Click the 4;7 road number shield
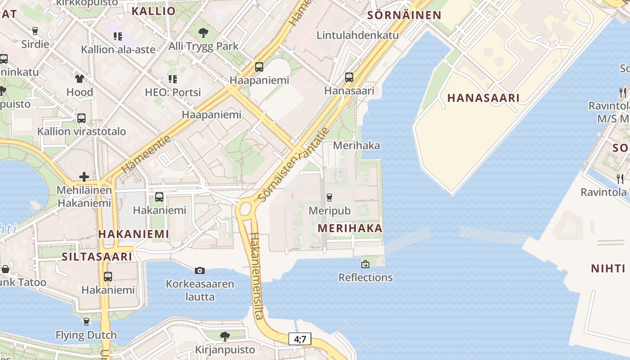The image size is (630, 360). pos(300,339)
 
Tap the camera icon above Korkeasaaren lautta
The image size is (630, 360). pos(200,270)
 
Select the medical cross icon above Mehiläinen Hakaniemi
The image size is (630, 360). pos(84,177)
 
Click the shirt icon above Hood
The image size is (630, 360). pos(80,79)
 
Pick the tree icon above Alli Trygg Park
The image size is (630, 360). pos(203,32)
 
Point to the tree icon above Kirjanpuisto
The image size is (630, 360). pos(225,336)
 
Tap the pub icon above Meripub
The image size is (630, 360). pos(329,197)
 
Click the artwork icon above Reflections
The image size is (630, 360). pos(365,264)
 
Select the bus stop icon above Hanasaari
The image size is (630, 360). pos(349,77)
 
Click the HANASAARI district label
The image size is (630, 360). pos(483,98)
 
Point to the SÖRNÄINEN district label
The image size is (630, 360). pos(404,15)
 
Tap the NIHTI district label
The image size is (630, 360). pos(608,269)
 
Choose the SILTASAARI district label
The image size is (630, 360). pos(97,256)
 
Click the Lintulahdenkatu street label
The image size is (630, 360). pos(358,35)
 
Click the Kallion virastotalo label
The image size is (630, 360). pos(81,131)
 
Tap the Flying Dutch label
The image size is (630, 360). pos(86,335)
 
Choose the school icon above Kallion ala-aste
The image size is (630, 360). pos(118,36)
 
